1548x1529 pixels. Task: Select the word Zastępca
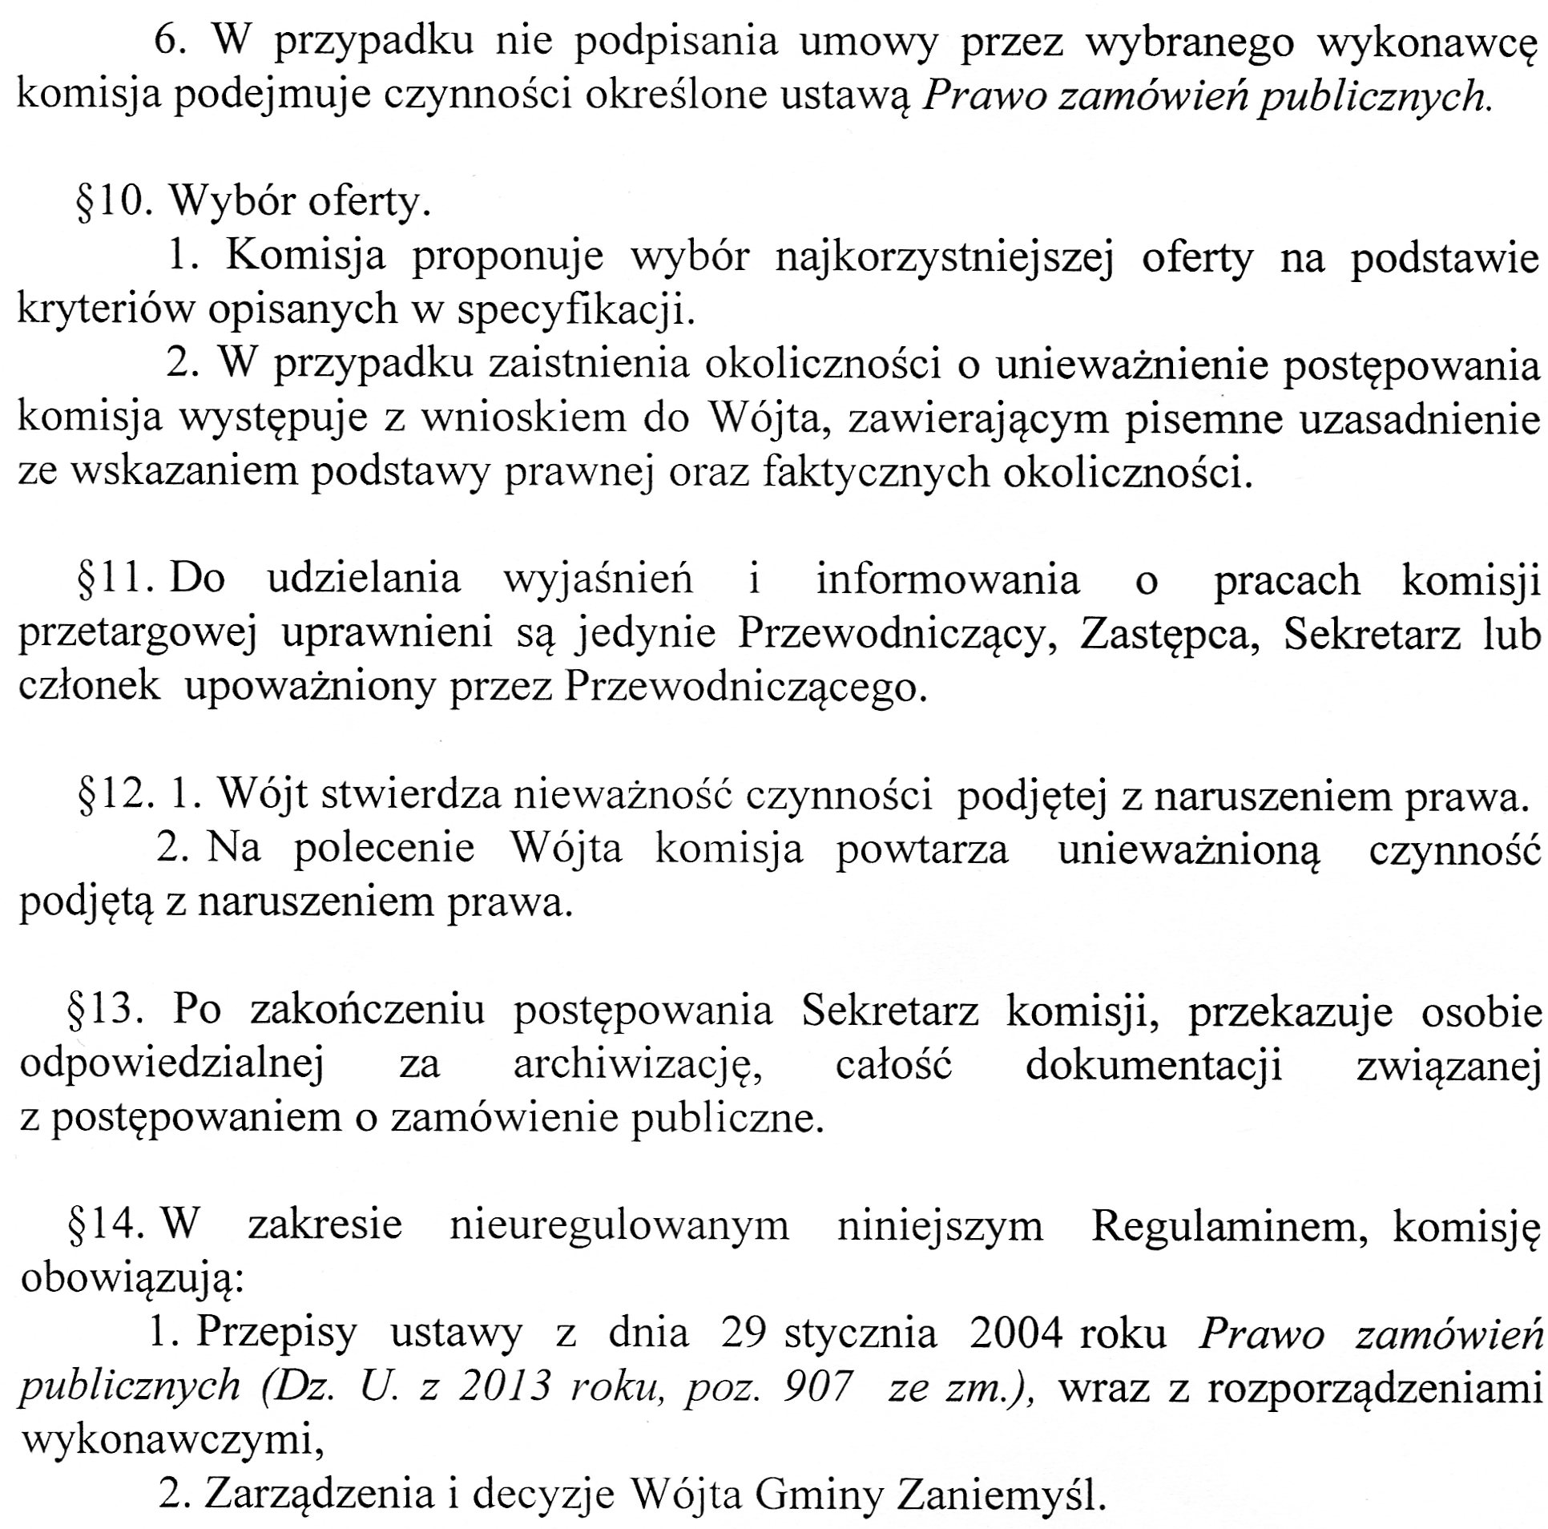1169,634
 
